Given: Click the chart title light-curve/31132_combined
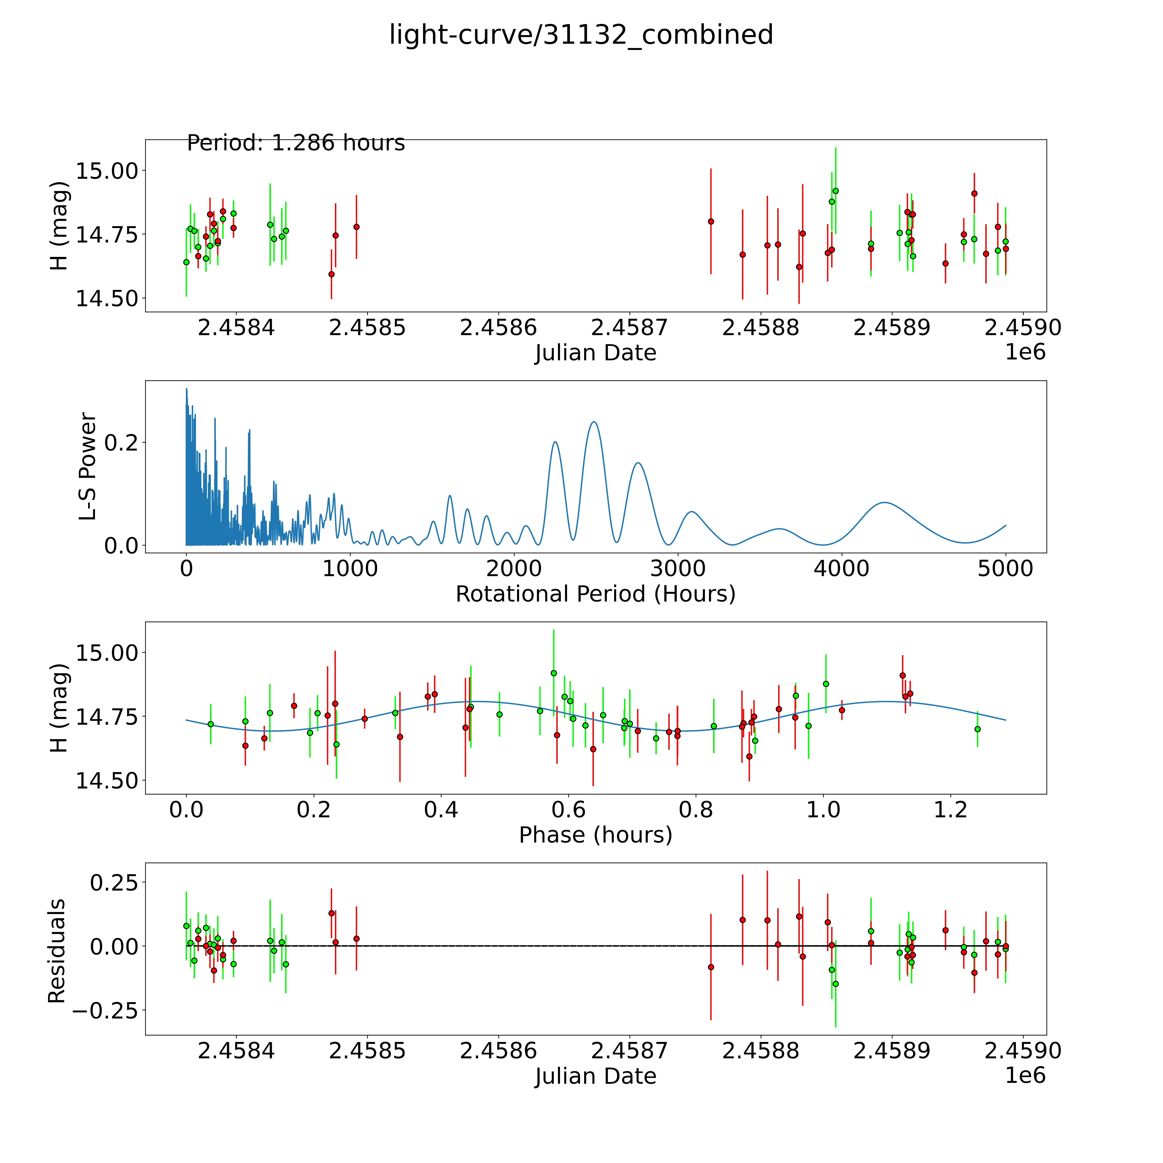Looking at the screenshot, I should tap(581, 35).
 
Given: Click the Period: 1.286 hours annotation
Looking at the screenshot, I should tap(295, 143).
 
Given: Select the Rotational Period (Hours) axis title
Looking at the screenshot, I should tap(595, 594).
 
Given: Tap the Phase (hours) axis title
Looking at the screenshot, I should tap(595, 835).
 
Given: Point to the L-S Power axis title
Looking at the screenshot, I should tap(88, 466).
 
